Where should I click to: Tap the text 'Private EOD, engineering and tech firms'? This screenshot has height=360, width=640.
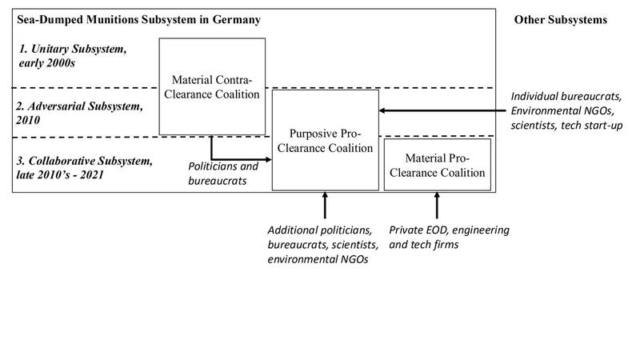448,238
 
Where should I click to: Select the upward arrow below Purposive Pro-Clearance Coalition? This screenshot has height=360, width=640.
325,205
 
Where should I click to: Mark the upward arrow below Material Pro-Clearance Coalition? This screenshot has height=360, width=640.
437,205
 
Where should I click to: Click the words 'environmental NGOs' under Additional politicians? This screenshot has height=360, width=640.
318,259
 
